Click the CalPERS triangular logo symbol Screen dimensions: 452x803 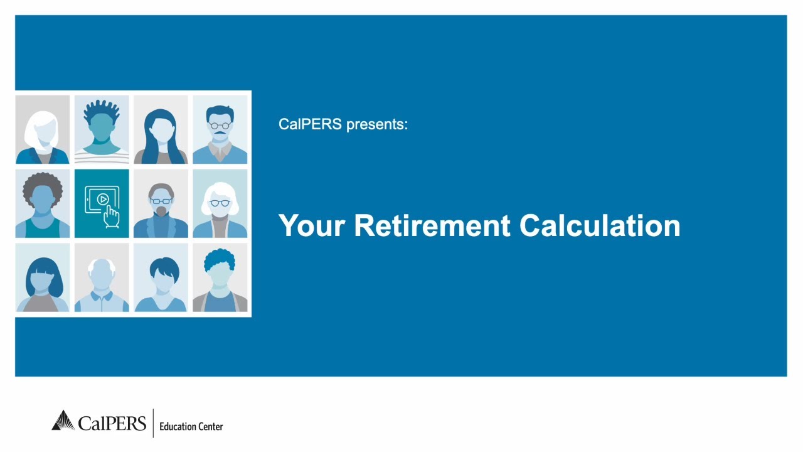63,421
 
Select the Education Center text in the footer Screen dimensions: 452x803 191,426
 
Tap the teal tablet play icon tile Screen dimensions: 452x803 102,203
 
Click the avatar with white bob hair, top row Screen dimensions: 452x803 43,129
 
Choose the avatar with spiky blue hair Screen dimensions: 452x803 102,129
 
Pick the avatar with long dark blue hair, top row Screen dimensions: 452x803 161,129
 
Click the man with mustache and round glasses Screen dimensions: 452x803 220,129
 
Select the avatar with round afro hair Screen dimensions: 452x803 43,203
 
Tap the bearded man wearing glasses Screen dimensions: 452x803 161,203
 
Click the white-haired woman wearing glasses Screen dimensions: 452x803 220,203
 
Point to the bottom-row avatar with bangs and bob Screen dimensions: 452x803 43,277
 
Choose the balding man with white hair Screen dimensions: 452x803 102,277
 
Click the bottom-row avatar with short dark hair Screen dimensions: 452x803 161,277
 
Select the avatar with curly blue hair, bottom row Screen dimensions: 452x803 220,277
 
